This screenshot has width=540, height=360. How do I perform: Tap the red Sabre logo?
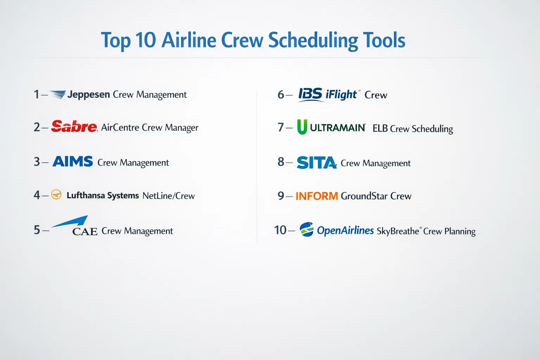pos(74,126)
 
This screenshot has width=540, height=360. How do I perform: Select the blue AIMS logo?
pos(72,161)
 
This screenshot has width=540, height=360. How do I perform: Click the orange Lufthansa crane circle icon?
pos(56,194)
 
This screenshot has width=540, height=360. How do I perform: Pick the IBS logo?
pos(310,94)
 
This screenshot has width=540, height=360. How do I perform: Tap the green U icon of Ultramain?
pos(302,127)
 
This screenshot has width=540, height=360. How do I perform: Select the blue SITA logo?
pos(316,162)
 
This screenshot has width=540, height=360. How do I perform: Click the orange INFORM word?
pos(317,196)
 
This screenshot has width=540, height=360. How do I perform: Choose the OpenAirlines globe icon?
pos(307,229)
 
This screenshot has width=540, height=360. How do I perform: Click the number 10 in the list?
pos(280,230)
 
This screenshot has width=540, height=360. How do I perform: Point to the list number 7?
pos(281,127)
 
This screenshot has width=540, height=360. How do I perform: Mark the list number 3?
pos(37,162)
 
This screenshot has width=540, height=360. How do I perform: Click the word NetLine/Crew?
pos(168,195)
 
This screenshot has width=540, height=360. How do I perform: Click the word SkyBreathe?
pos(398,231)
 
